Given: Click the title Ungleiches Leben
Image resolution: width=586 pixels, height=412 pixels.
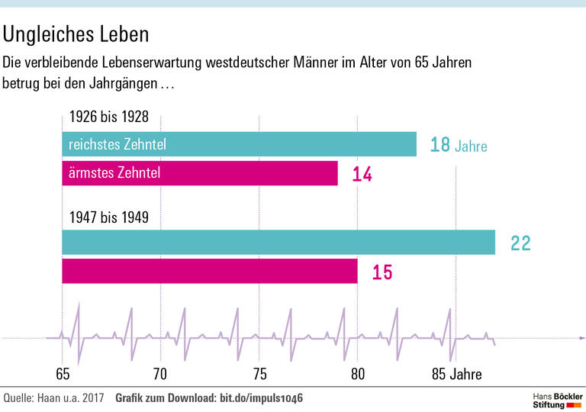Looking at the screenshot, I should [76, 35].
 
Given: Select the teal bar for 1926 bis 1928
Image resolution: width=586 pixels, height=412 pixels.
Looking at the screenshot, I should [239, 144].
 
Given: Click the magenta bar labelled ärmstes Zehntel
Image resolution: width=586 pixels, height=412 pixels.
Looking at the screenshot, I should [199, 173].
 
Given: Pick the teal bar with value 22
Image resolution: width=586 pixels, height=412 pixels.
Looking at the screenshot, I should [279, 242].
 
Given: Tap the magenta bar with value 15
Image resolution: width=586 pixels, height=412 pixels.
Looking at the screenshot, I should [209, 271].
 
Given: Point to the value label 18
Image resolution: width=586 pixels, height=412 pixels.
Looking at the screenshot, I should [440, 145].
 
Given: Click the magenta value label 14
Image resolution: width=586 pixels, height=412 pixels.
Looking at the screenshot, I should [362, 175].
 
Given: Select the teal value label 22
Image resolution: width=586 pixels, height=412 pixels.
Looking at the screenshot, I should [520, 243].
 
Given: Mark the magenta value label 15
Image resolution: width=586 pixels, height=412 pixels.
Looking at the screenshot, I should [382, 272].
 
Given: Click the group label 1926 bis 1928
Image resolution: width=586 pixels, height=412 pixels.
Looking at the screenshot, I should [108, 117].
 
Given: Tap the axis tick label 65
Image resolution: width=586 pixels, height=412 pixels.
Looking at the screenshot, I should [63, 374].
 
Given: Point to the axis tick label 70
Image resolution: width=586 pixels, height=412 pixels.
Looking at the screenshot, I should [160, 374].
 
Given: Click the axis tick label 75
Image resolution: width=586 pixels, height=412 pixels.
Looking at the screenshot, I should [259, 374].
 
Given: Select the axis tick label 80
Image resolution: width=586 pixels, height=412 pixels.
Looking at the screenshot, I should [357, 374].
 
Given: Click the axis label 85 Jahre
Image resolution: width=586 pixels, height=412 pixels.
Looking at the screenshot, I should [456, 374].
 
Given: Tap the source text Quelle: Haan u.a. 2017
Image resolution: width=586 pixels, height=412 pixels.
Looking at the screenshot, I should [53, 398].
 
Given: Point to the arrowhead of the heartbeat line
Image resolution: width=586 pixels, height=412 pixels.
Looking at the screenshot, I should [582, 337].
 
